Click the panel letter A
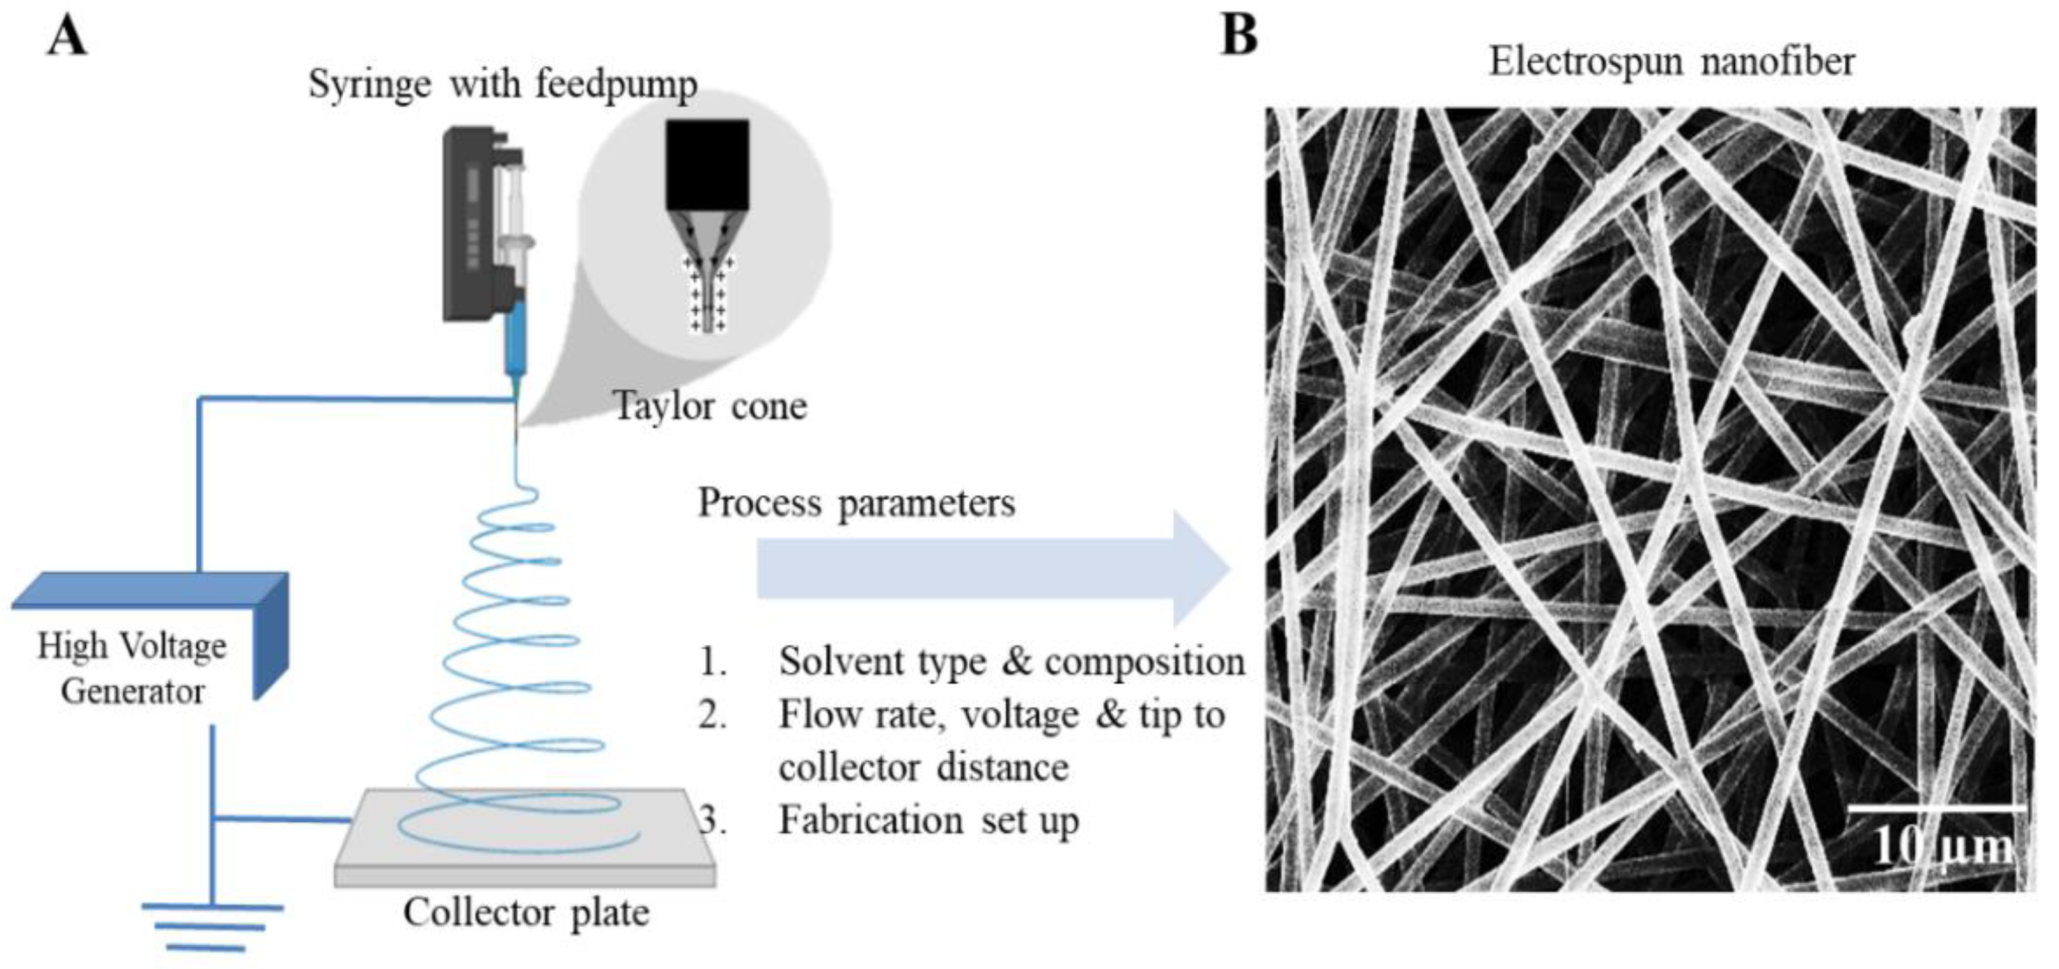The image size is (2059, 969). click(x=67, y=37)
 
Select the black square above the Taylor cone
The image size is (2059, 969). click(x=707, y=164)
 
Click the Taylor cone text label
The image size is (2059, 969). click(x=710, y=407)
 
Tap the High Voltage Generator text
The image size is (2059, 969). click(x=133, y=668)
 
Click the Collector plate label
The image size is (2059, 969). click(x=526, y=912)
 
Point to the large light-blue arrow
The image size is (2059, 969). click(x=991, y=569)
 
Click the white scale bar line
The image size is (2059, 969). click(x=1938, y=808)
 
